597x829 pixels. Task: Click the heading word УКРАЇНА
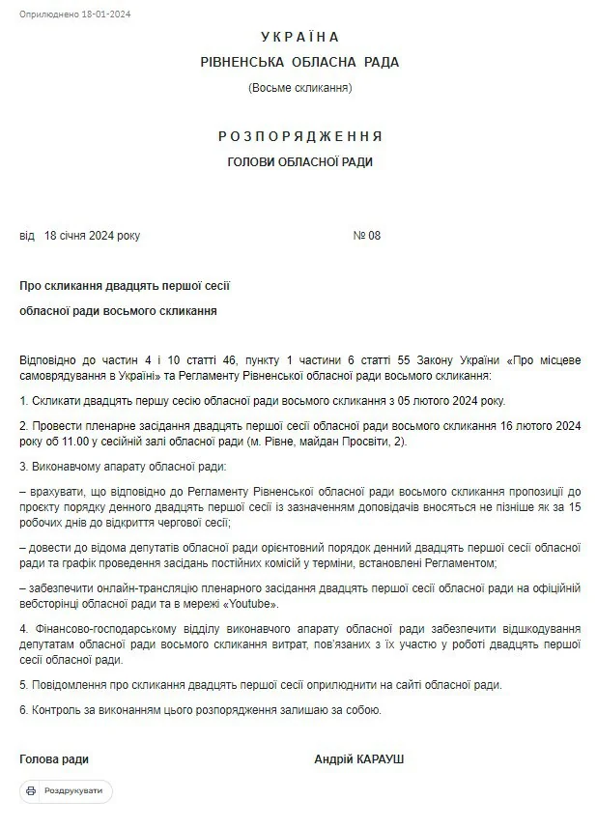click(299, 37)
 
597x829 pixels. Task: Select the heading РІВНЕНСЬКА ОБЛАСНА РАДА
click(299, 62)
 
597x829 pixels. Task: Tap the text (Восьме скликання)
click(299, 88)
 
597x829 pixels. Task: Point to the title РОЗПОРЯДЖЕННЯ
click(299, 135)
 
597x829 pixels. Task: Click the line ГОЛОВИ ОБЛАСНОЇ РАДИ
click(299, 162)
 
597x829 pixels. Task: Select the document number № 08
click(367, 236)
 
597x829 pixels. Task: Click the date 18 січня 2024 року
click(92, 236)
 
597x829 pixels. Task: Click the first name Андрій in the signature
click(332, 759)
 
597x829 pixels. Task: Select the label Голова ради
click(54, 759)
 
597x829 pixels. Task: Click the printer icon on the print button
click(31, 791)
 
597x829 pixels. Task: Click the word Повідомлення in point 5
click(68, 685)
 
